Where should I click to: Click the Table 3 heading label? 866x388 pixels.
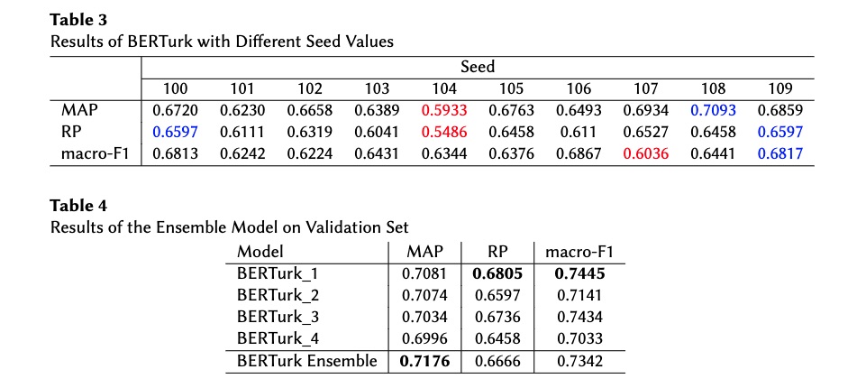[x=78, y=20]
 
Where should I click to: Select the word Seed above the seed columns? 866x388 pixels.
[x=478, y=68]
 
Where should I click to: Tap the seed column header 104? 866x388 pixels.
[x=444, y=88]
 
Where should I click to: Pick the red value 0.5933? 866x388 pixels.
[x=444, y=110]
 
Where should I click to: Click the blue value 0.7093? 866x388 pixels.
[x=713, y=110]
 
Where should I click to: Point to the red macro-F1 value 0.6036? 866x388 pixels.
[x=645, y=153]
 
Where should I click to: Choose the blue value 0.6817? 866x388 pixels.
[x=779, y=153]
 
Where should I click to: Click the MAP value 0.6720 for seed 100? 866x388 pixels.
[x=175, y=110]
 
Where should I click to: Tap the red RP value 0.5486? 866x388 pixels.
[x=444, y=132]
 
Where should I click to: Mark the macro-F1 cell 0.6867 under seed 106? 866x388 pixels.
[x=579, y=153]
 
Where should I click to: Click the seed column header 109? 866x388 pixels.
[x=779, y=88]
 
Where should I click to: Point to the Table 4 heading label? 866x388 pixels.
[x=78, y=206]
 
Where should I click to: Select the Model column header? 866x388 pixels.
[x=260, y=252]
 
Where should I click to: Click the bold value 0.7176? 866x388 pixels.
[x=424, y=361]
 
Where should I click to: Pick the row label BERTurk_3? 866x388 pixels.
[x=278, y=318]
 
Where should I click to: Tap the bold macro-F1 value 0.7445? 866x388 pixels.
[x=579, y=273]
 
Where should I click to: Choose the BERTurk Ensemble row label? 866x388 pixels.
[x=307, y=361]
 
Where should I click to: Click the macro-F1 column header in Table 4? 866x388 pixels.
[x=579, y=252]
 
